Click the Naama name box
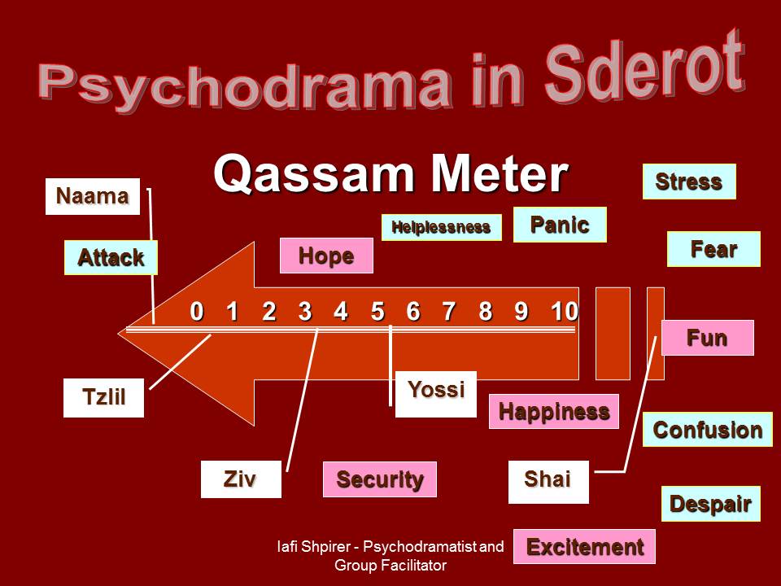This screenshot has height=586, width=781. [x=93, y=196]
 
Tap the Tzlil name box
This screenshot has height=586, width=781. [x=103, y=398]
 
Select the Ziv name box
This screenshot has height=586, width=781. [x=241, y=479]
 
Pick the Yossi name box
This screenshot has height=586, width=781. [x=436, y=394]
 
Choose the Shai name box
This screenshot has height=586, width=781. [x=548, y=482]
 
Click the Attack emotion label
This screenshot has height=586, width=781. [x=111, y=258]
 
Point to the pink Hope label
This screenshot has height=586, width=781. [x=326, y=256]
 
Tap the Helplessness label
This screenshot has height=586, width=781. [x=441, y=227]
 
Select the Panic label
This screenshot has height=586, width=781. [x=560, y=225]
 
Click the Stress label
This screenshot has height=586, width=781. [x=689, y=181]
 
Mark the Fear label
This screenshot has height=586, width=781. [x=713, y=249]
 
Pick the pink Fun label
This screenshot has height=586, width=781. [x=707, y=338]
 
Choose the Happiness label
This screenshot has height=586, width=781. [x=554, y=412]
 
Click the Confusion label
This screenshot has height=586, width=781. [x=708, y=430]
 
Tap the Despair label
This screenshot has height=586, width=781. [x=711, y=504]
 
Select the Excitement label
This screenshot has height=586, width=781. [x=584, y=547]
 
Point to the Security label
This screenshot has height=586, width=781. [x=380, y=479]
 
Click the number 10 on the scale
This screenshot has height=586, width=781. [x=565, y=312]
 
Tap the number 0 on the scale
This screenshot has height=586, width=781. [x=197, y=312]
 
